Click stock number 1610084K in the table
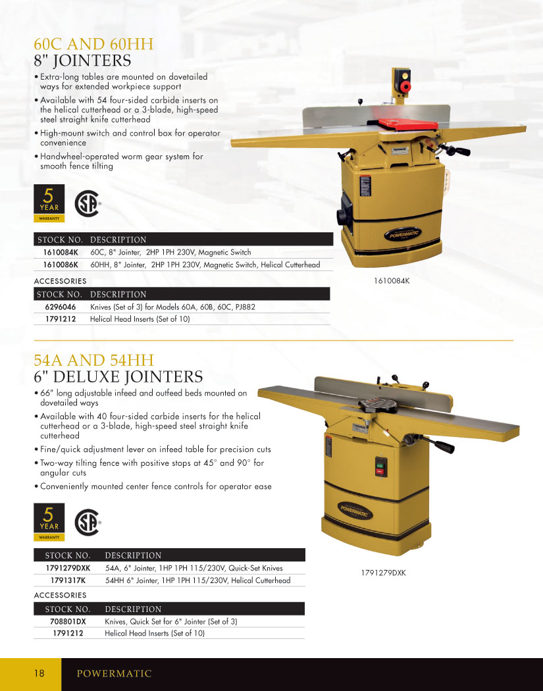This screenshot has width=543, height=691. click(61, 253)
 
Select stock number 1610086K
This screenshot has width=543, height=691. click(61, 265)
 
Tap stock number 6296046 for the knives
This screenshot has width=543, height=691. click(61, 307)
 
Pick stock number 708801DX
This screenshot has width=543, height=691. click(68, 621)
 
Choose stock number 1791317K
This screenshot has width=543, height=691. click(68, 580)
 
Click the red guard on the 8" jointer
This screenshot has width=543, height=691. click(409, 124)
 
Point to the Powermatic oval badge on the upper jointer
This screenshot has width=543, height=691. click(402, 234)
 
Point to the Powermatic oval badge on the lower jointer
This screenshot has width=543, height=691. click(355, 510)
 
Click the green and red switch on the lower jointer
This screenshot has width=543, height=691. click(381, 467)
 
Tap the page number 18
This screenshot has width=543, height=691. click(39, 673)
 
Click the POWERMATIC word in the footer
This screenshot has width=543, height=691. click(114, 673)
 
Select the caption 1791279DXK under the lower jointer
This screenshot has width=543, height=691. click(384, 573)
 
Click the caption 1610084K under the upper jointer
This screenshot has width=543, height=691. click(392, 281)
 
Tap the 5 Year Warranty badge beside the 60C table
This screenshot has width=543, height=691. click(49, 203)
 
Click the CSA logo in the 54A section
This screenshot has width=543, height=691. click(88, 523)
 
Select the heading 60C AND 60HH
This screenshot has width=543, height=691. click(94, 44)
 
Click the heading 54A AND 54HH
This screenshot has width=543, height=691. click(94, 360)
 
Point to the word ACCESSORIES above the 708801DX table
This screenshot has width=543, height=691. click(61, 595)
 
